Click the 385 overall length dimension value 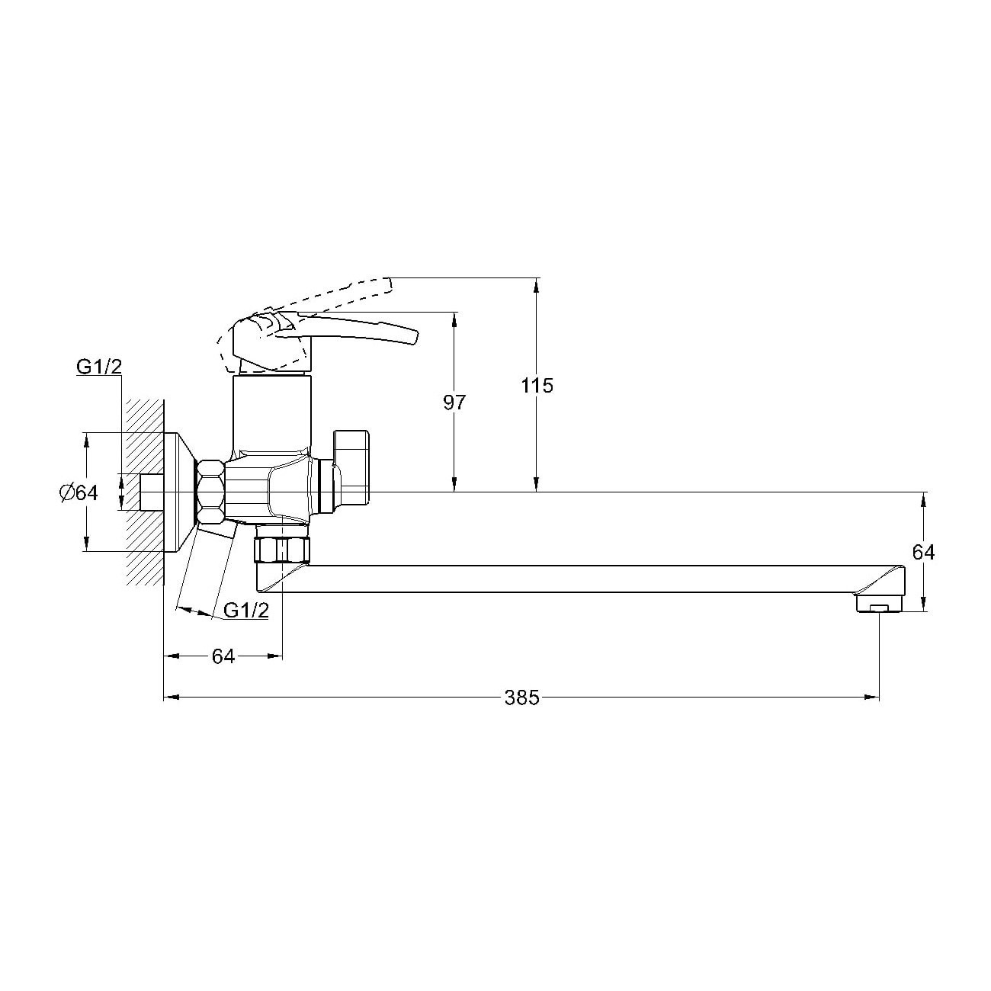coord(521,698)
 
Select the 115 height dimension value coord(537,385)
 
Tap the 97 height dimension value coord(454,402)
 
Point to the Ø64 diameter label coord(79,492)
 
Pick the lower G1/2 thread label coord(246,611)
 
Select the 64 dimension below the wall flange coord(223,656)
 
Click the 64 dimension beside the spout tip coord(923,553)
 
